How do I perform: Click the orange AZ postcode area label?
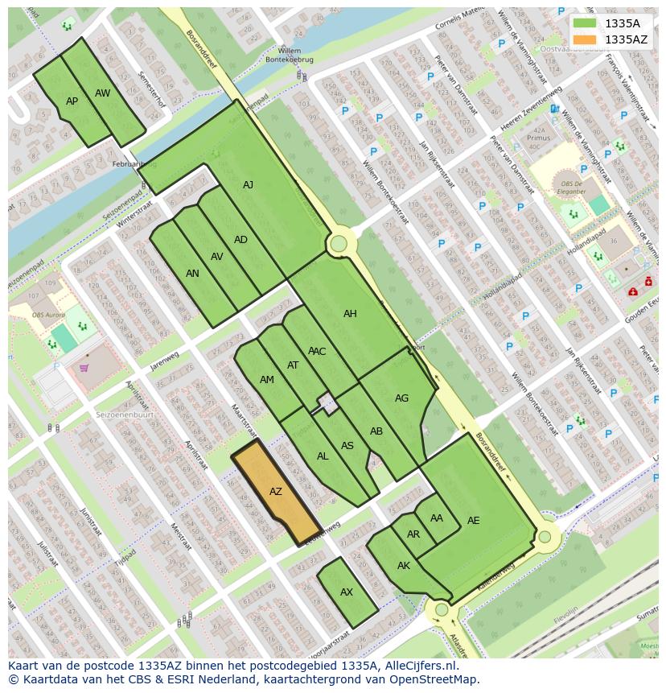(x=276, y=492)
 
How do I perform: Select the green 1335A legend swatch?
(x=585, y=23)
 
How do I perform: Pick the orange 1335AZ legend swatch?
(x=585, y=39)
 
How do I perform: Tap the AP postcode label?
(x=72, y=101)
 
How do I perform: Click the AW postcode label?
(x=102, y=93)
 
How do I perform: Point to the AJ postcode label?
(x=248, y=185)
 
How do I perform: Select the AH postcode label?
(x=350, y=314)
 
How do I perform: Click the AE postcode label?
(x=474, y=521)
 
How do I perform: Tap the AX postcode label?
(x=347, y=592)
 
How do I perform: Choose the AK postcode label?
(x=404, y=566)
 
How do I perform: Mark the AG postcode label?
(x=401, y=398)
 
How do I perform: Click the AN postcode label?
(x=192, y=274)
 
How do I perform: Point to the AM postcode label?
(x=267, y=380)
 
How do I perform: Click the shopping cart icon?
(x=84, y=369)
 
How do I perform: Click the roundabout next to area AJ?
(x=339, y=243)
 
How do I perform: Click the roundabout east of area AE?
(x=545, y=537)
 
